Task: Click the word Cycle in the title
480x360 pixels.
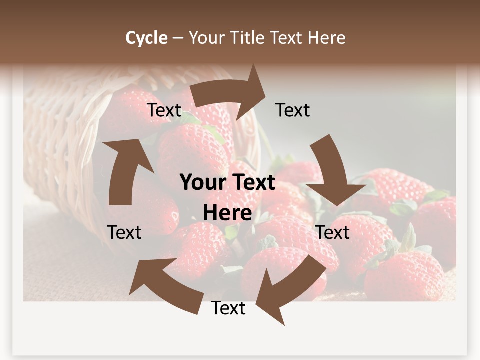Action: point(146,38)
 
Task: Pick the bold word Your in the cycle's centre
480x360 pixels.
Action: point(204,183)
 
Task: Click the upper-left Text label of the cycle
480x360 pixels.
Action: point(164,110)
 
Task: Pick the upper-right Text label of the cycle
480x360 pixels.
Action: point(293,110)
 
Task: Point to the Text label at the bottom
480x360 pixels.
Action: point(228,308)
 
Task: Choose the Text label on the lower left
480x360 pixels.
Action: point(124,232)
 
